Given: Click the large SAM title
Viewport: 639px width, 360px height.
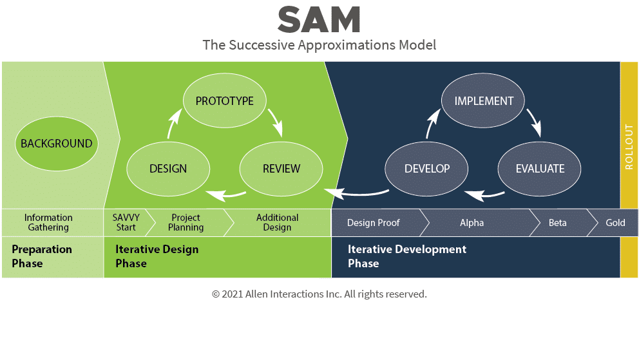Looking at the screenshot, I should [x=319, y=20].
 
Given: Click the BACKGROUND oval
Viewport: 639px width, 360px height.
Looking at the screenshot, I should [x=57, y=144].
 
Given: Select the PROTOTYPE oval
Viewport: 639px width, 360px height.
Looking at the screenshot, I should [x=225, y=100].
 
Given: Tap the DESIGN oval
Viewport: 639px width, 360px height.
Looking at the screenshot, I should [x=168, y=169].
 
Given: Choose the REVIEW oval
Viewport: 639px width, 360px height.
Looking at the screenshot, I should [x=281, y=169].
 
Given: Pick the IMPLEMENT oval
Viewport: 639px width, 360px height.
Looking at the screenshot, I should [x=484, y=100].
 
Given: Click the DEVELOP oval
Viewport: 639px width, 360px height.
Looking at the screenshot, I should [x=426, y=169].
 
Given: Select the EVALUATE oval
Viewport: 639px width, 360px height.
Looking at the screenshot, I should [x=540, y=169].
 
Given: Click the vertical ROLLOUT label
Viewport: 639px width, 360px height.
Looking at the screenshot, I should [x=629, y=147].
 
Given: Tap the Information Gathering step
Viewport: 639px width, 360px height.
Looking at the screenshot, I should [x=48, y=222].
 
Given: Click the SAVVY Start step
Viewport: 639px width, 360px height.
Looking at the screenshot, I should [x=126, y=222].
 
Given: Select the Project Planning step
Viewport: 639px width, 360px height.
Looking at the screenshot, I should [x=186, y=222].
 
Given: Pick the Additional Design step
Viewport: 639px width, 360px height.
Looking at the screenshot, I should [x=277, y=222].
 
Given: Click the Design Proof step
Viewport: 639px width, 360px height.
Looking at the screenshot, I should [x=374, y=223].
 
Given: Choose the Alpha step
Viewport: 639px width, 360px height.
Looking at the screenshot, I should [x=472, y=223].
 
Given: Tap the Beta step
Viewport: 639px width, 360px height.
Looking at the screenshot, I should [x=558, y=223].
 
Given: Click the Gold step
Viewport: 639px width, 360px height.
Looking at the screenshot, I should [x=615, y=223].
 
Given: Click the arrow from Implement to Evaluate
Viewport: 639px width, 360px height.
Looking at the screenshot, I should [x=535, y=122].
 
